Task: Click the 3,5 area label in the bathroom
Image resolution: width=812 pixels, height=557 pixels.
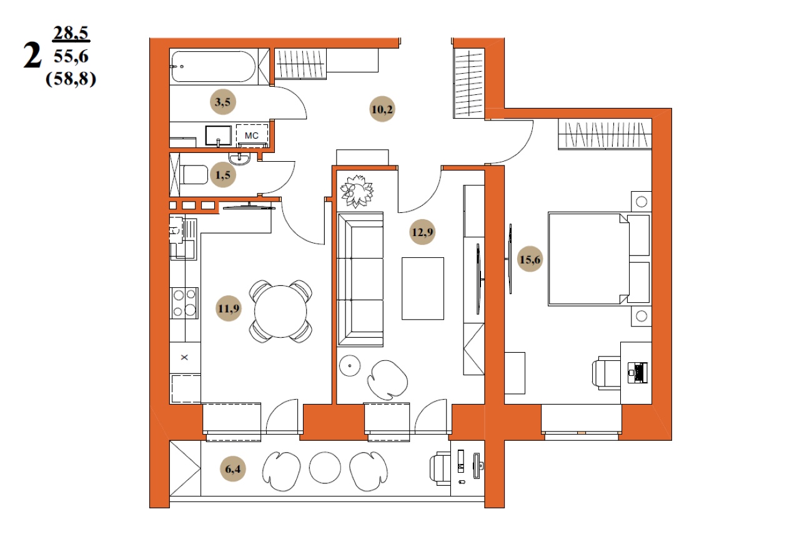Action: click(x=222, y=102)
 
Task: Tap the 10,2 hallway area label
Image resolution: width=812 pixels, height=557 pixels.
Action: click(x=382, y=109)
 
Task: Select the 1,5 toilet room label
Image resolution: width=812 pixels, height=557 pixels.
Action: click(x=223, y=175)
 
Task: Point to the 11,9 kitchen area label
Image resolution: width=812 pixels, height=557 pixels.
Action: click(x=229, y=308)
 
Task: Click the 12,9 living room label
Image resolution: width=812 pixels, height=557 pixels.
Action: click(x=422, y=232)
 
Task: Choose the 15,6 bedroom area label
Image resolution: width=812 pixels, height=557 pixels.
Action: click(x=530, y=260)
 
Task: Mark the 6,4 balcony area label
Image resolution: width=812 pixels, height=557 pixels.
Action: click(x=233, y=469)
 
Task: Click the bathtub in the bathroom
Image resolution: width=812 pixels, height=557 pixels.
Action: click(x=213, y=67)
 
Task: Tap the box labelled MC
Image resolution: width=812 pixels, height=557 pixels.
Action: click(x=252, y=136)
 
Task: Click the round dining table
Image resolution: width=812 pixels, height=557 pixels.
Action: click(x=280, y=312)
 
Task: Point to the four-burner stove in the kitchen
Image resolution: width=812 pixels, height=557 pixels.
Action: click(x=184, y=303)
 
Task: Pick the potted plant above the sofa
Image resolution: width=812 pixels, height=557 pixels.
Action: click(x=357, y=191)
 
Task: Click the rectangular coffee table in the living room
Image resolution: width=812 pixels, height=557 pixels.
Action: click(x=423, y=288)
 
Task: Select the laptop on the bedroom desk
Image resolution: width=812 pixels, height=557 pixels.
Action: click(x=638, y=373)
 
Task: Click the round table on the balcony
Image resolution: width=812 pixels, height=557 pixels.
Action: click(x=325, y=468)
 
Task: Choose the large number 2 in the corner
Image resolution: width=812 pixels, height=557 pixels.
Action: click(x=32, y=56)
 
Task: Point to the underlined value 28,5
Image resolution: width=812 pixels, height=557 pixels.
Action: click(x=71, y=33)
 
